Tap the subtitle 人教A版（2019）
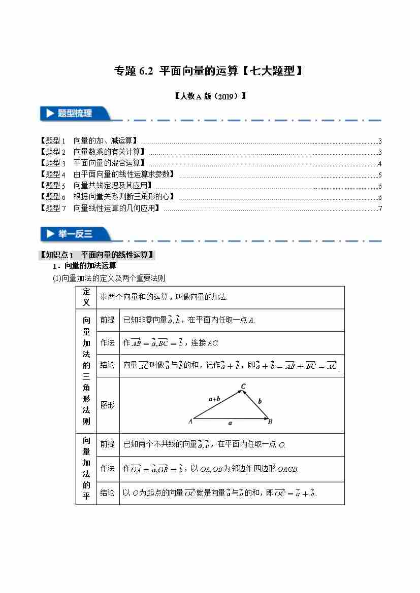click(x=210, y=95)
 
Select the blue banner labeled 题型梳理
click(x=75, y=114)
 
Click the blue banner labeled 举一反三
click(x=75, y=234)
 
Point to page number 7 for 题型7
click(x=380, y=208)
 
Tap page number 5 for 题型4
click(x=380, y=175)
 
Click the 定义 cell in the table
click(x=86, y=297)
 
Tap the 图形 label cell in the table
click(x=108, y=405)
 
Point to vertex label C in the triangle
click(x=244, y=387)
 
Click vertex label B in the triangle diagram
click(x=271, y=421)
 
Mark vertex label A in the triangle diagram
click(x=190, y=421)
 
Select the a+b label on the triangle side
click(x=214, y=399)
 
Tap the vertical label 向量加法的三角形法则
click(x=86, y=371)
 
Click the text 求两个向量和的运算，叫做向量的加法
click(x=164, y=297)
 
